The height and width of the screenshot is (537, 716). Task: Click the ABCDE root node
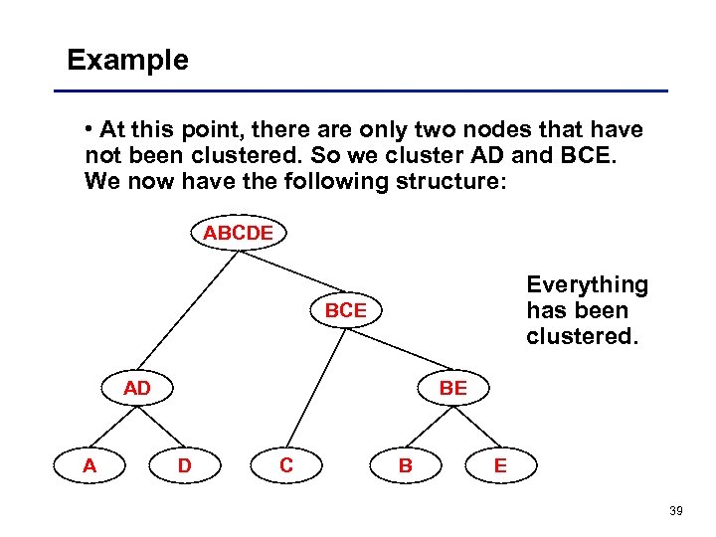(x=237, y=234)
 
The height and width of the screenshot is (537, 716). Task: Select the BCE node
(x=345, y=310)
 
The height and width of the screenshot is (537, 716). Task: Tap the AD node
(x=137, y=388)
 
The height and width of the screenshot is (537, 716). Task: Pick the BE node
(x=452, y=388)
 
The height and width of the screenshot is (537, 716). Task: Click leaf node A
(x=89, y=464)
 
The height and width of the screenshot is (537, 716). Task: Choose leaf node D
(x=184, y=464)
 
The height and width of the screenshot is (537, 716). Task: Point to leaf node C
(x=286, y=464)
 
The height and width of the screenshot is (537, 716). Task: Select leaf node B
(x=405, y=464)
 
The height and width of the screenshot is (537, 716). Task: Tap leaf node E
(x=500, y=464)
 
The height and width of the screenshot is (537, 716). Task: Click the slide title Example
(x=127, y=61)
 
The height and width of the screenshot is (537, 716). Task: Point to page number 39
(x=676, y=510)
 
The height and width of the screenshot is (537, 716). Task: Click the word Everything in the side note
(x=587, y=285)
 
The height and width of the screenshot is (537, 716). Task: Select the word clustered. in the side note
(x=581, y=336)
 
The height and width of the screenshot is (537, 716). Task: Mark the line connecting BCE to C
(x=318, y=383)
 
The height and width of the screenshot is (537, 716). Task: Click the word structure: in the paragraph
(x=452, y=181)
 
